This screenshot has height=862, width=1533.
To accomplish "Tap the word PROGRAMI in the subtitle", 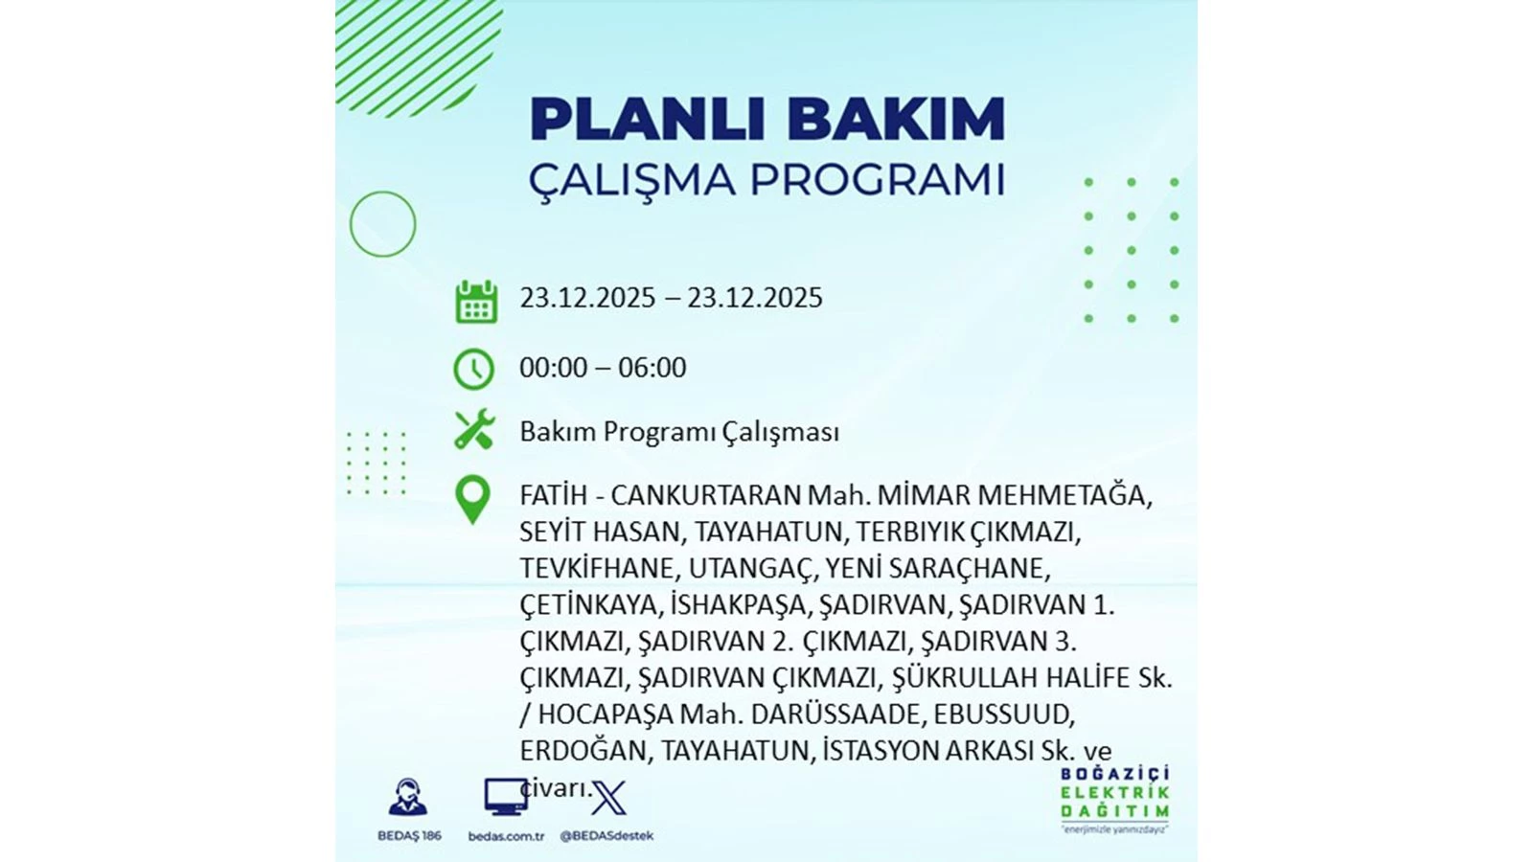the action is [878, 180].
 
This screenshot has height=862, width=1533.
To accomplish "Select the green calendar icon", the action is [476, 301].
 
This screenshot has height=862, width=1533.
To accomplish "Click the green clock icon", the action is [473, 369].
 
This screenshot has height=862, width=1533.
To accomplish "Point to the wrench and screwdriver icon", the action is [474, 429].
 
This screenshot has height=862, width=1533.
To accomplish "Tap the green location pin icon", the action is [472, 500].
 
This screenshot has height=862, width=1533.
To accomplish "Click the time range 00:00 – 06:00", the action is [603, 368].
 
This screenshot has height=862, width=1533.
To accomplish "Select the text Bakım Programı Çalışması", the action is [679, 432].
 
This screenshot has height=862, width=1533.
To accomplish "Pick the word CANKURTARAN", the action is [705, 495].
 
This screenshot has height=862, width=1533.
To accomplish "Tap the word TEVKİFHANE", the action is [597, 568].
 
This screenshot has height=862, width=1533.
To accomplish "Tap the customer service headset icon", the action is [408, 797].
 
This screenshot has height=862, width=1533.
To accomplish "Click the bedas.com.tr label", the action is [506, 836].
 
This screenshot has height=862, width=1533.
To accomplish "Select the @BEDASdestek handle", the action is [606, 836].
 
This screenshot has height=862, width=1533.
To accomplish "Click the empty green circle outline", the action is [382, 192].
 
